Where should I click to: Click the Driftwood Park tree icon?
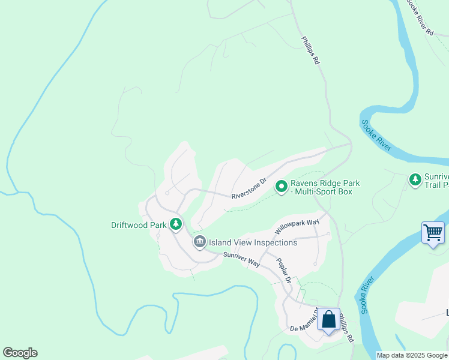[175, 224]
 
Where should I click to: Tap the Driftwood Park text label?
[139, 226]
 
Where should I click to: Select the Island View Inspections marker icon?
[200, 242]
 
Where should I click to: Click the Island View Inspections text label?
[253, 242]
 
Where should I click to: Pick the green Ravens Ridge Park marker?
[281, 187]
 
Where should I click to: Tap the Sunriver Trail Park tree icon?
[415, 179]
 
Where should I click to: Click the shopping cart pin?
[433, 232]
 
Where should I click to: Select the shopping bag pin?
[328, 319]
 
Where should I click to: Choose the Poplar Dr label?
[284, 271]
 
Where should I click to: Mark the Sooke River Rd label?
[420, 18]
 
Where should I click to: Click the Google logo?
[20, 353]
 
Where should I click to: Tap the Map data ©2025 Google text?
[412, 355]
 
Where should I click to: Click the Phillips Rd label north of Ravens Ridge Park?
[311, 52]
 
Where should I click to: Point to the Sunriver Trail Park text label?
[436, 181]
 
